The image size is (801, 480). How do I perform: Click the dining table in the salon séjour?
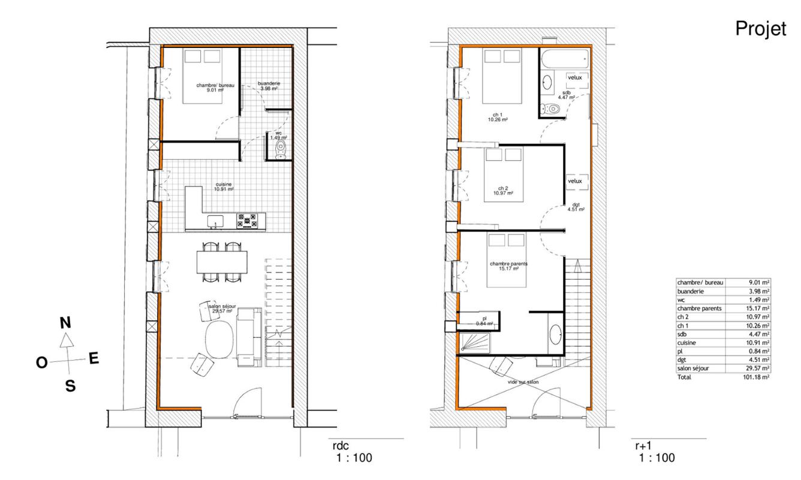[x=222, y=262]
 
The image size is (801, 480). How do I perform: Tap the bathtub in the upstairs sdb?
[x=564, y=59]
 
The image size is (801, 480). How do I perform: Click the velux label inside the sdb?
[x=577, y=77]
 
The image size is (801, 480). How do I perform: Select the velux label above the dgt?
[x=577, y=181]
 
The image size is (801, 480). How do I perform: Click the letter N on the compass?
[x=66, y=322]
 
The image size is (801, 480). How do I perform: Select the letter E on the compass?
[x=94, y=358]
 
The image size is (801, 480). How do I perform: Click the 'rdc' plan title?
[x=340, y=446]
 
